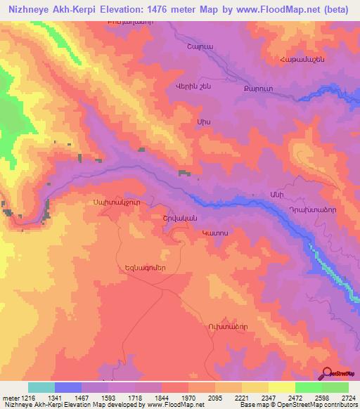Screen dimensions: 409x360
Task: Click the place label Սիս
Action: pos(205,122)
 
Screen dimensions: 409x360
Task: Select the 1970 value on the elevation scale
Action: pos(188,397)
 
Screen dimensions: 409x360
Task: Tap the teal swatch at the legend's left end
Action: pos(41,387)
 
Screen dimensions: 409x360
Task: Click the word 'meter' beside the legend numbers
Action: pos(10,397)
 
